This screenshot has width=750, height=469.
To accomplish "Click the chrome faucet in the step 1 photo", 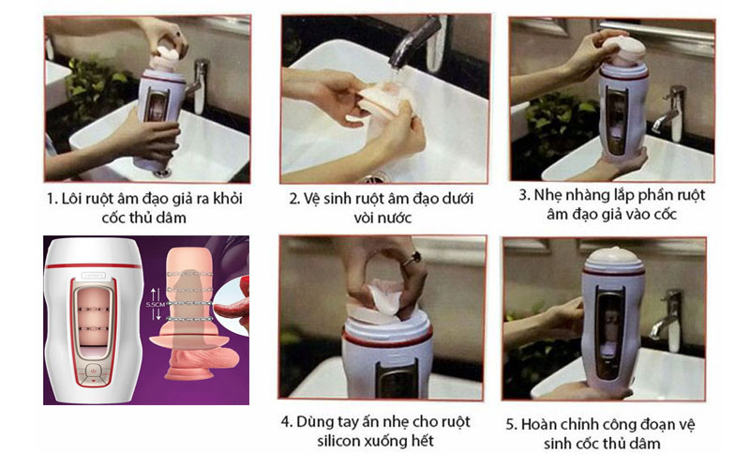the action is (199, 83).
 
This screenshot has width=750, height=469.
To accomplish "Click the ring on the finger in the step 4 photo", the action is (412, 260).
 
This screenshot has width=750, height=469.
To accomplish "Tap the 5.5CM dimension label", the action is (156, 304).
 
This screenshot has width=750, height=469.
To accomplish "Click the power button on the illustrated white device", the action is (93, 370).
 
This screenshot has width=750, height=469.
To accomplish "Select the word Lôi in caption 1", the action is (71, 199).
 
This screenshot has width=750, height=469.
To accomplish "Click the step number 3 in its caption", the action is (523, 195).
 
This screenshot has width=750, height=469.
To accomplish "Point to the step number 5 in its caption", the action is (510, 425).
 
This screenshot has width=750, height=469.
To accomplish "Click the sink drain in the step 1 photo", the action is (163, 172).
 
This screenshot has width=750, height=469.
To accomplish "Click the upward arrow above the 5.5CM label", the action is (154, 294).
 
